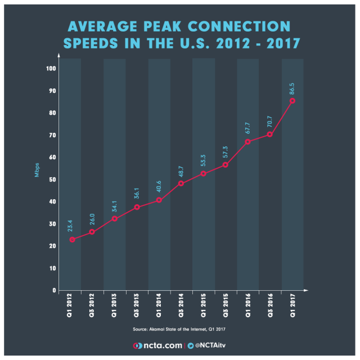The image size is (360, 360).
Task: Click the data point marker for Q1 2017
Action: [292, 101]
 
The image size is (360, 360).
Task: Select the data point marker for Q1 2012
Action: [72, 240]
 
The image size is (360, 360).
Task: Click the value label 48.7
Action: [182, 170]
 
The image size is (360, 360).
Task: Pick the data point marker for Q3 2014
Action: [181, 183]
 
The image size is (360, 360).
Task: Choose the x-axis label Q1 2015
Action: [204, 307]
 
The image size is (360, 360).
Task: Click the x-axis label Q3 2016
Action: [271, 307]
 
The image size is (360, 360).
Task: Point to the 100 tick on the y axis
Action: [51, 69]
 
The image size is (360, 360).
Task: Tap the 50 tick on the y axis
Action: [52, 179]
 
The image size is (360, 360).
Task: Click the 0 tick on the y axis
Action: [54, 290]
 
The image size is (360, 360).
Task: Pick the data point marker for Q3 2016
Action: [270, 134]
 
